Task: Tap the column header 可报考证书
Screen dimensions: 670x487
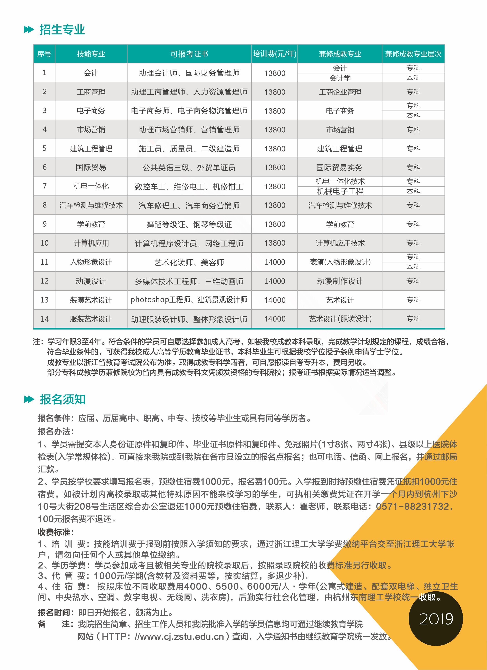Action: click(x=189, y=54)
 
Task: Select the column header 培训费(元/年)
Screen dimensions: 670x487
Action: click(x=274, y=54)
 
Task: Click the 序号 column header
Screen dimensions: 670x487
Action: click(x=44, y=54)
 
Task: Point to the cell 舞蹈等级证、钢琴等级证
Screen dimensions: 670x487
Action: click(x=189, y=224)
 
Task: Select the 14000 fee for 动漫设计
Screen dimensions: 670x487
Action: click(x=275, y=281)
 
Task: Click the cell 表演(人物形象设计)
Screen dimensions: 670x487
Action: click(x=340, y=262)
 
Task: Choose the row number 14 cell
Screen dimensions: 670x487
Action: click(x=44, y=319)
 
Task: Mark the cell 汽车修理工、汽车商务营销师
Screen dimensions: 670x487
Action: click(x=189, y=205)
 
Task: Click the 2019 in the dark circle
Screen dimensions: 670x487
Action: click(x=436, y=619)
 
